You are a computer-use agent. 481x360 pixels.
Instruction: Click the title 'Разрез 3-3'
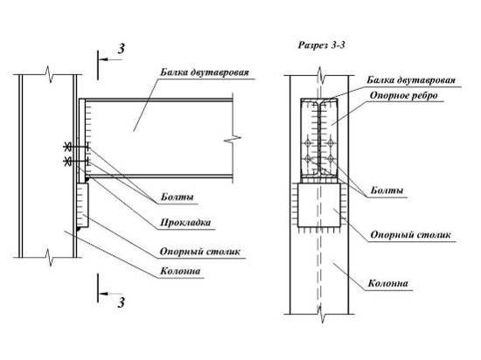coord(322,45)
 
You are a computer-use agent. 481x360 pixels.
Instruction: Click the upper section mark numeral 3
coord(122,49)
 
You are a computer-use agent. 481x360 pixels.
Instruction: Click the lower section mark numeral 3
coord(122,302)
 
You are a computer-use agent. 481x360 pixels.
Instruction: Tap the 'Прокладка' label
coord(185,223)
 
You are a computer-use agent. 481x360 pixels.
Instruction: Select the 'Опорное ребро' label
coord(404,95)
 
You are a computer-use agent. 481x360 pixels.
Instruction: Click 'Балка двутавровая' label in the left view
coord(205,73)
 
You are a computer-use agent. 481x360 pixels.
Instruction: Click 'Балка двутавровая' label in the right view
coord(411,80)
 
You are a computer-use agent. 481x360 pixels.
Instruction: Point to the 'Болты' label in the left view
coord(178,197)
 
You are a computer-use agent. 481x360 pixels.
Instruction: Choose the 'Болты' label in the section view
coord(387,190)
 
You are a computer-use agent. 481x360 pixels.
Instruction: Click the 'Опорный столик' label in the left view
coord(200,252)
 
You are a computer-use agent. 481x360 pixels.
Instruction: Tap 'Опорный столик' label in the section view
coord(411,235)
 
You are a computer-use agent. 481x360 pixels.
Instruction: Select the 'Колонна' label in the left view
coord(180,271)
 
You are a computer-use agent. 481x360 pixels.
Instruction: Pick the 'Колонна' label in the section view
coord(388,283)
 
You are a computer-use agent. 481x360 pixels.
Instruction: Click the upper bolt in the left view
coord(76,148)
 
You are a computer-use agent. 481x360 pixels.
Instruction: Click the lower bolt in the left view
coord(76,161)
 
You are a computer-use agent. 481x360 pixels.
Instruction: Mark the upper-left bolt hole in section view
coord(308,142)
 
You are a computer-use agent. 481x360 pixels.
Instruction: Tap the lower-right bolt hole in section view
coord(331,159)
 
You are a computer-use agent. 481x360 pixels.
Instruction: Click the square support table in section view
coord(319,205)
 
